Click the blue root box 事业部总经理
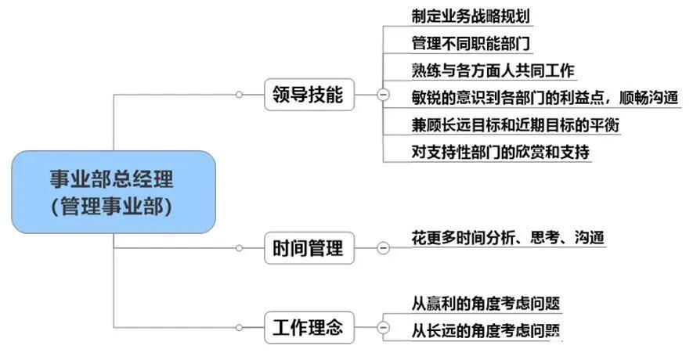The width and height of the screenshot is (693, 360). tap(114, 192)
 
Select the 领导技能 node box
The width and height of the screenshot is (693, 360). tap(308, 95)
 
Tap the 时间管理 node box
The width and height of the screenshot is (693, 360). tap(308, 249)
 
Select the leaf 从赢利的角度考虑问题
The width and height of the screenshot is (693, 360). tap(486, 303)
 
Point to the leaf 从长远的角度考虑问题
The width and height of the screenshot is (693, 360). tap(486, 330)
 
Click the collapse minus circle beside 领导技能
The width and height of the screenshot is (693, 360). tap(383, 95)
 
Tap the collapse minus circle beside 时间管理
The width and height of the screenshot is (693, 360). tap(383, 249)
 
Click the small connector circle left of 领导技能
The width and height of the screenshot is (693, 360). tap(240, 95)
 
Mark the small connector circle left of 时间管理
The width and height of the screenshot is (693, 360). tap(240, 249)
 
